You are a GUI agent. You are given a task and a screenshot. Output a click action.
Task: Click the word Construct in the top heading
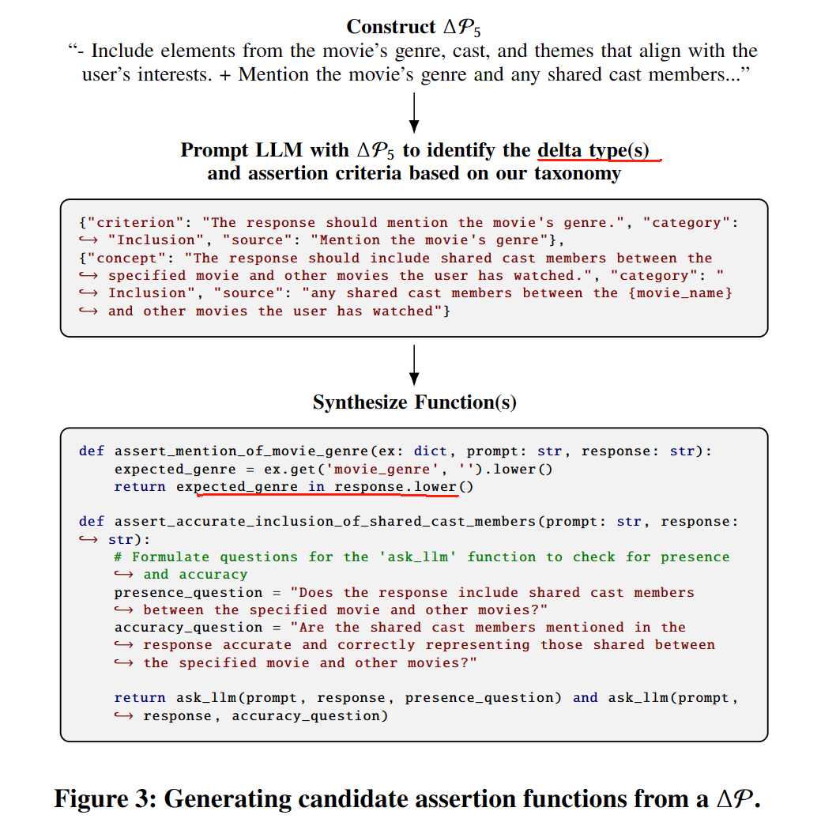point(380,27)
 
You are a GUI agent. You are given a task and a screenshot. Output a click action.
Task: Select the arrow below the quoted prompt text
point(413,112)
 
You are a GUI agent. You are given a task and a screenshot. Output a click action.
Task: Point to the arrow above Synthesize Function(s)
point(413,364)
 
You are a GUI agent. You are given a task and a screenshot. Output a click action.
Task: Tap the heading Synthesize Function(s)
point(414,402)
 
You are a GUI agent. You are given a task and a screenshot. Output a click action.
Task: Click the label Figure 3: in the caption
point(104,798)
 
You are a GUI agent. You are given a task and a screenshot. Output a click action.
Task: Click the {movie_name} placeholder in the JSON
point(683,293)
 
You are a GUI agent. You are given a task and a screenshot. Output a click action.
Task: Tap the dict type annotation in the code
point(431,451)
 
